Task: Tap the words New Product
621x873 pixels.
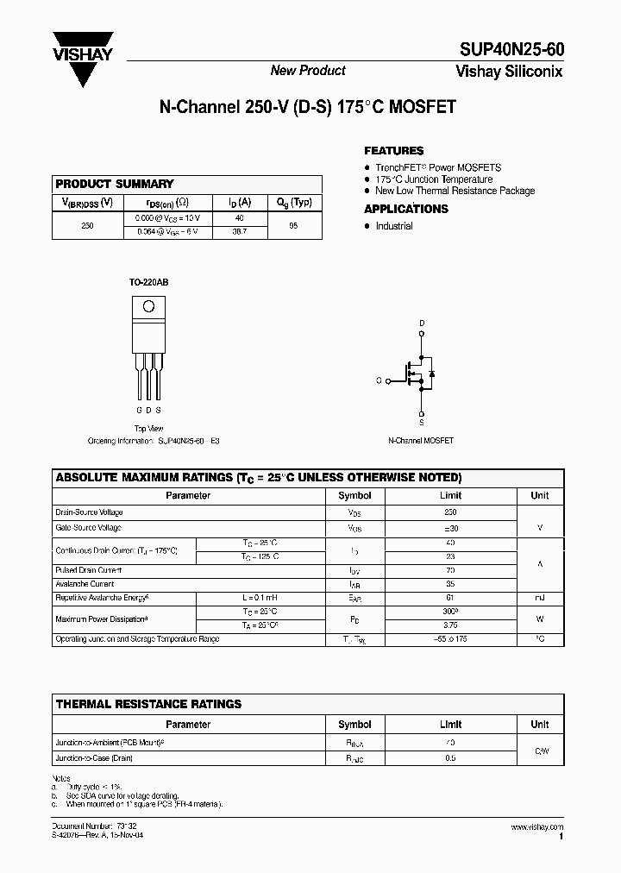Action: pyautogui.click(x=308, y=71)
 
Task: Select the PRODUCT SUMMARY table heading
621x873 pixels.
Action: pyautogui.click(x=115, y=184)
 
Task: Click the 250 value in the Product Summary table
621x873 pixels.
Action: pyautogui.click(x=87, y=225)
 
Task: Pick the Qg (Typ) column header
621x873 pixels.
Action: pyautogui.click(x=294, y=203)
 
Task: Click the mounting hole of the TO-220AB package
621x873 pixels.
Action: pyautogui.click(x=147, y=305)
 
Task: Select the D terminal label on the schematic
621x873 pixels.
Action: pyautogui.click(x=422, y=324)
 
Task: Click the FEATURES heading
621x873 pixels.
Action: pyautogui.click(x=394, y=150)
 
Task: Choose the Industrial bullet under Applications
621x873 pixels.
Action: pyautogui.click(x=393, y=226)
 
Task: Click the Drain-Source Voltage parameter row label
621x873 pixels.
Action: pyautogui.click(x=90, y=512)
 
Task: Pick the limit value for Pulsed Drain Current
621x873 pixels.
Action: pyautogui.click(x=450, y=570)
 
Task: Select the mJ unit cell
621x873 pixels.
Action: pyautogui.click(x=540, y=597)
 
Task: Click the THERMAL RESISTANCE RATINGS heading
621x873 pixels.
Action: pyautogui.click(x=149, y=704)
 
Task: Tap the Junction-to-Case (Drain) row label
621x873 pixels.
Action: pyautogui.click(x=94, y=758)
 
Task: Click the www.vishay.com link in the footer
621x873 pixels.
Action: pyautogui.click(x=536, y=827)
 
